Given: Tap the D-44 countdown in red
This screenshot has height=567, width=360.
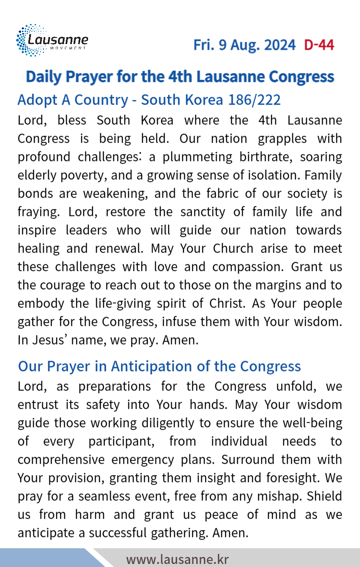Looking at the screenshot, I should pos(319,45).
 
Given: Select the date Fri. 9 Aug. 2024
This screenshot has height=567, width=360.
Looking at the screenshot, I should pos(244,45).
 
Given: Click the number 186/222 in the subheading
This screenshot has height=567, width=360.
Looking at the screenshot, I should pos(255,100).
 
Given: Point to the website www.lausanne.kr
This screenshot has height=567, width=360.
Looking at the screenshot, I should pos(177,559).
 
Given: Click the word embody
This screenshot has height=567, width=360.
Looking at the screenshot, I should pos(39,304).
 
